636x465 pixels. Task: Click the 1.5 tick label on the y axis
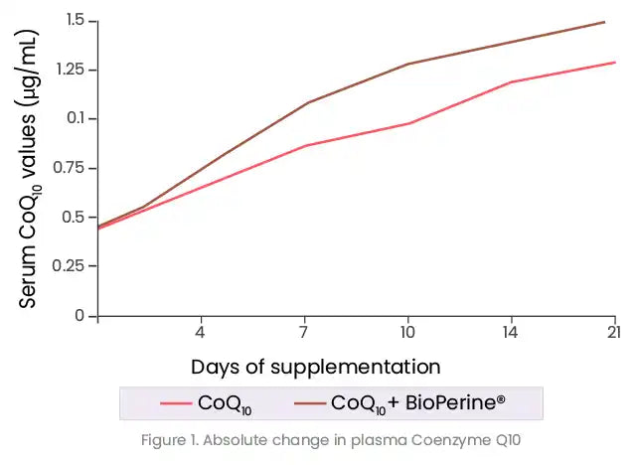[76, 21]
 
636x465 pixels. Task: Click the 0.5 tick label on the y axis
[76, 217]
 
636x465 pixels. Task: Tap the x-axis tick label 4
[201, 333]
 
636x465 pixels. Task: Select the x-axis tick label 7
[304, 333]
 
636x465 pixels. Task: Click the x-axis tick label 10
[407, 333]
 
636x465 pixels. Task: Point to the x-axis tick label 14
[511, 333]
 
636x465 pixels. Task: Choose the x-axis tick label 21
[613, 333]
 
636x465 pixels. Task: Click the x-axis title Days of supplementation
[316, 366]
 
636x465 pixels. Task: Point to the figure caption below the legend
[332, 438]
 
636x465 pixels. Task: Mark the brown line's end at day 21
[604, 22]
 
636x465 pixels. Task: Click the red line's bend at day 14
[511, 82]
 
